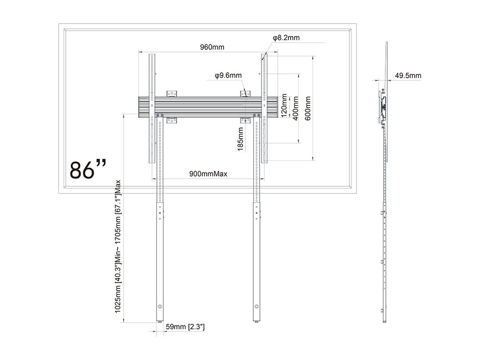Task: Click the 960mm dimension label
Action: (212, 47)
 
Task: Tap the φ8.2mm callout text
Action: (286, 38)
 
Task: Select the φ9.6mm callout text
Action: (228, 75)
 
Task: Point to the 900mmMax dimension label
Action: (208, 174)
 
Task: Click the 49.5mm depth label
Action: (408, 75)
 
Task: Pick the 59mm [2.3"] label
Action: (185, 327)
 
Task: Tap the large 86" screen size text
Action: (88, 169)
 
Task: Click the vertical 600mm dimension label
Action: (308, 108)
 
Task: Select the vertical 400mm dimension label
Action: (296, 108)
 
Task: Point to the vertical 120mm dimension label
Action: (284, 106)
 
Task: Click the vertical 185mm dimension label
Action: (240, 139)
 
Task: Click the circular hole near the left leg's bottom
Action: (160, 306)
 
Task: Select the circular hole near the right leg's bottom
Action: (256, 306)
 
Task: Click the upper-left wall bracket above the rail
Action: (172, 94)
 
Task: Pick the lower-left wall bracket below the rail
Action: (172, 120)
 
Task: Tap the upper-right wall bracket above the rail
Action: (245, 94)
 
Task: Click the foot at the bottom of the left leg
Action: (160, 321)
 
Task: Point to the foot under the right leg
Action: (256, 321)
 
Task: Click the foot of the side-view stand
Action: (384, 321)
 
